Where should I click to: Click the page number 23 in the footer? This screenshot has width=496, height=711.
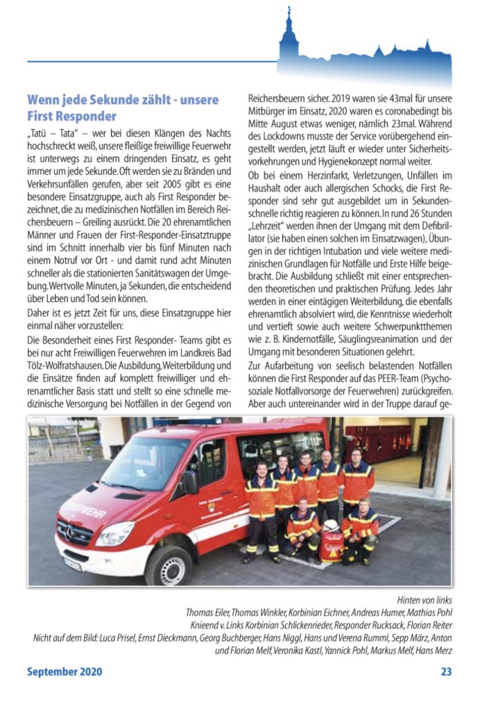(x=446, y=671)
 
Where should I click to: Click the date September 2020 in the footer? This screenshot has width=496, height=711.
(x=65, y=671)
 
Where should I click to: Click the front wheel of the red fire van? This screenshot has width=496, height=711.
(x=169, y=563)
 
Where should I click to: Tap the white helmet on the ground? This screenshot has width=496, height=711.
(x=331, y=527)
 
